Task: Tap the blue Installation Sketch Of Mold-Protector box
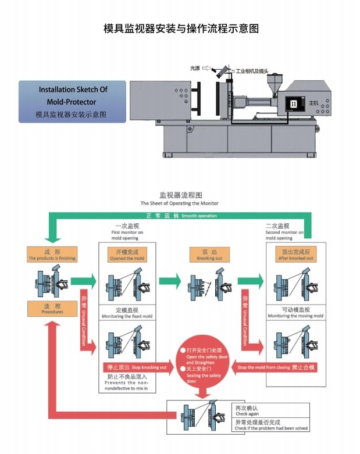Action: pos(73,102)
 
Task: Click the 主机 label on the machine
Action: pos(313,103)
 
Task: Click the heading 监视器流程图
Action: pos(180,195)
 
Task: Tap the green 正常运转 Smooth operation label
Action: pos(181,216)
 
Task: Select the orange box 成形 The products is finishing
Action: pos(52,255)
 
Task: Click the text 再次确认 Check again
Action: pos(250,410)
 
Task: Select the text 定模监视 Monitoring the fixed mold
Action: pos(127,312)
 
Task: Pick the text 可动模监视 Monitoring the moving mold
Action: pos(295,312)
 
